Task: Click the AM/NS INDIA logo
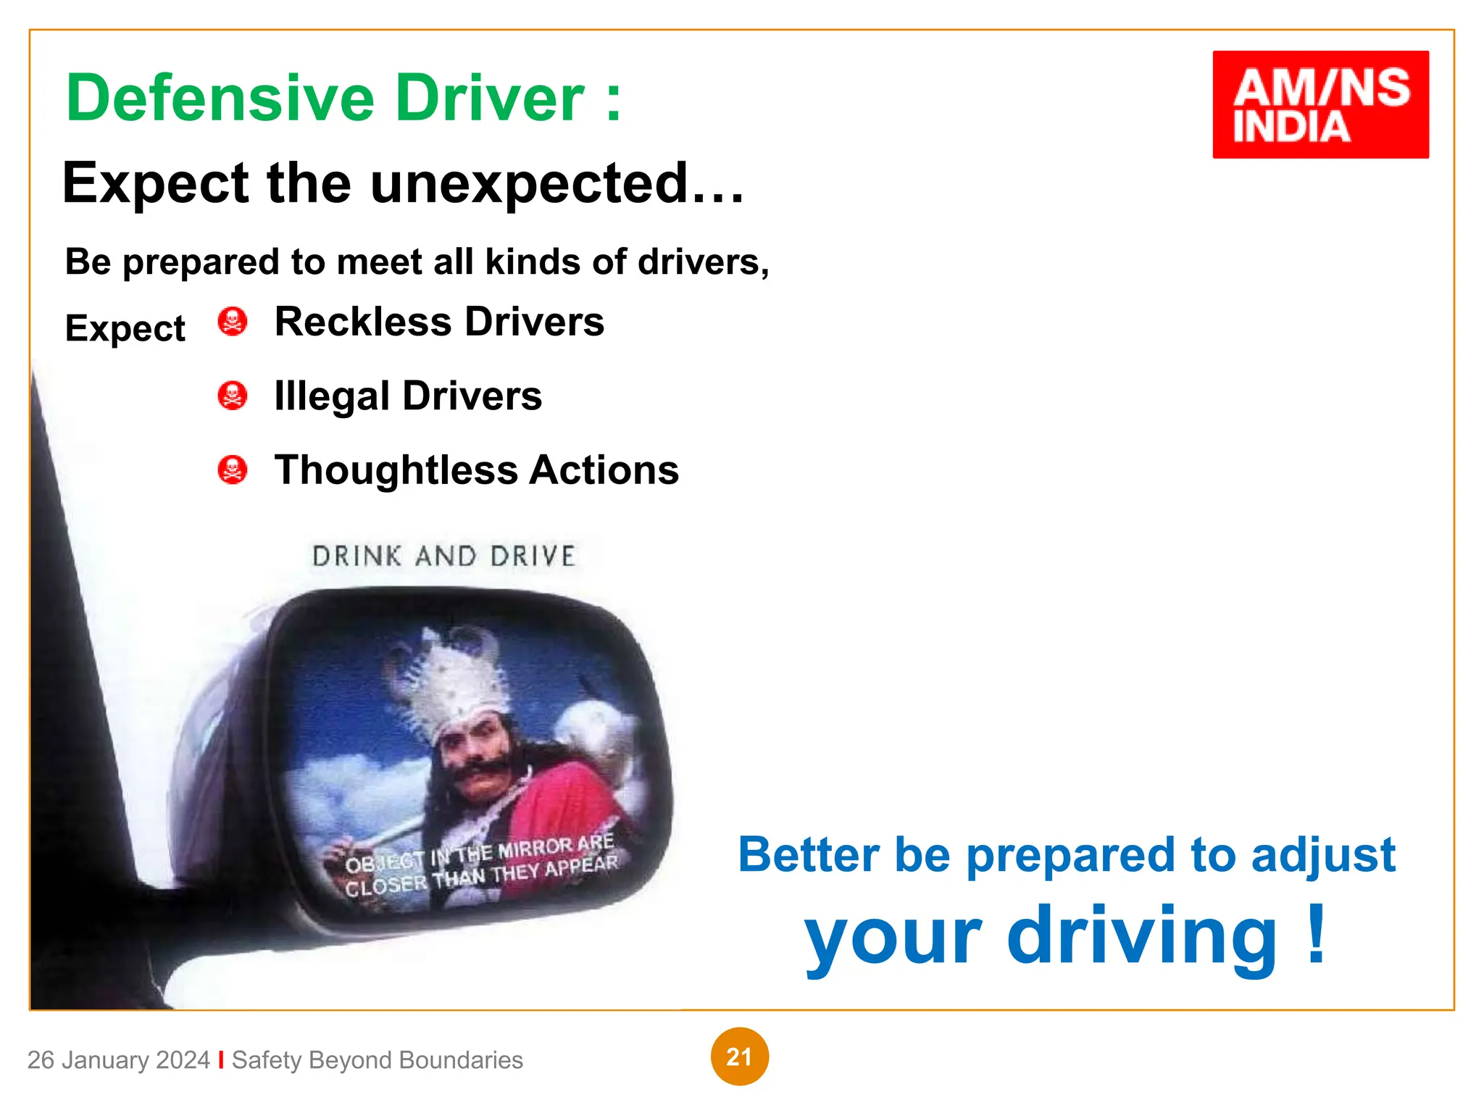click(1320, 104)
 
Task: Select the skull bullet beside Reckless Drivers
click(233, 322)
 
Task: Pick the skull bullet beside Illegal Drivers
click(233, 396)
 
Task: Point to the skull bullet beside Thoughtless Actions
click(233, 470)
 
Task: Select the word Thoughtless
click(396, 470)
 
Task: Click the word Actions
click(604, 470)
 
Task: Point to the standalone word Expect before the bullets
click(125, 329)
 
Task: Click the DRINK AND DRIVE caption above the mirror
click(443, 556)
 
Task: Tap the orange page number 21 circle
click(739, 1056)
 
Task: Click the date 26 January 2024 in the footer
click(118, 1060)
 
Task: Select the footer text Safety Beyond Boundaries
click(377, 1060)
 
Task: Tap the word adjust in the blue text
click(1322, 856)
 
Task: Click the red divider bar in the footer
click(221, 1059)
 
